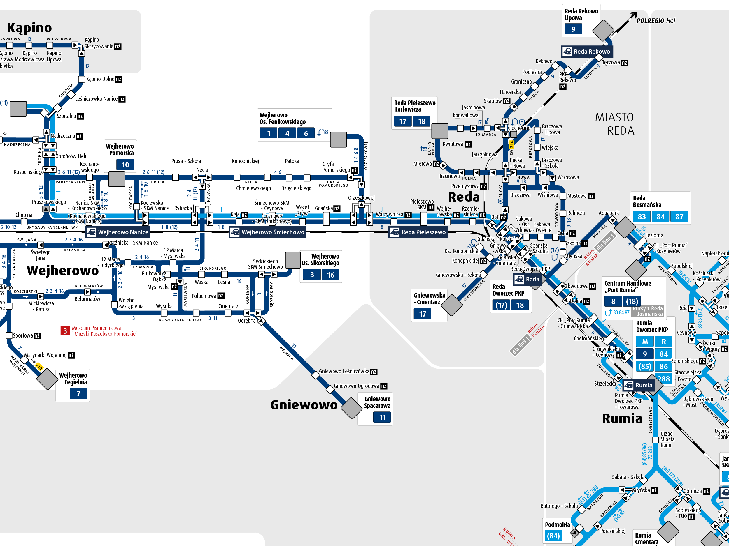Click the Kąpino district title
(x=29, y=28)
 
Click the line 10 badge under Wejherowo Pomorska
(x=125, y=165)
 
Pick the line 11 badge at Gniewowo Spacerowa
(x=382, y=417)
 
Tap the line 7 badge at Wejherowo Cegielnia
(x=78, y=393)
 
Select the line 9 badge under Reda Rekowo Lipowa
(x=573, y=29)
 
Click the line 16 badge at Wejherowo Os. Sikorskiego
(x=331, y=275)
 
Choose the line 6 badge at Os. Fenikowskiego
(x=306, y=133)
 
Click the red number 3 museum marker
(x=65, y=331)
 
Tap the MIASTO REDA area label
(x=614, y=124)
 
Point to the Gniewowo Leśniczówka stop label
(x=344, y=371)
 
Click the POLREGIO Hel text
(x=656, y=21)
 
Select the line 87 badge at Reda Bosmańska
(x=679, y=217)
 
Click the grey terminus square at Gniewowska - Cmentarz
(x=452, y=305)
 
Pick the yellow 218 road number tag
(x=39, y=366)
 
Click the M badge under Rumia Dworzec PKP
(x=645, y=341)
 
